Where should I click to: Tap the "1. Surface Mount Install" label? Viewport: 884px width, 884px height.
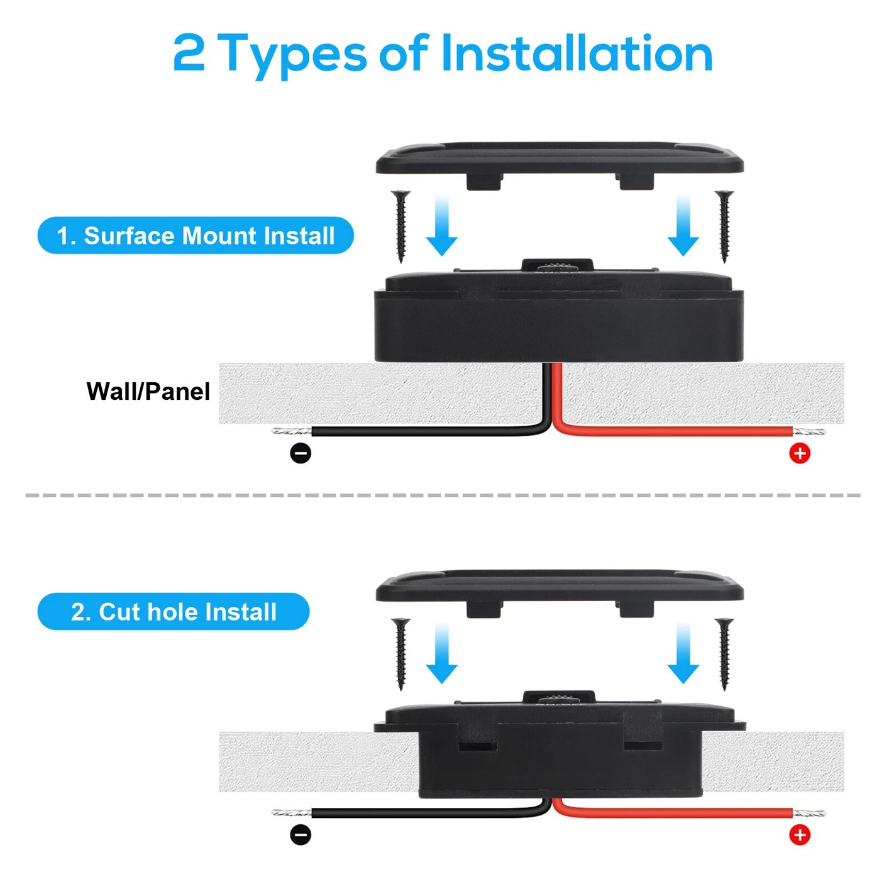[196, 235]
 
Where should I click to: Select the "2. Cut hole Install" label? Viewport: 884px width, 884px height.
[174, 612]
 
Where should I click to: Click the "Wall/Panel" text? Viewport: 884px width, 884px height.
[148, 391]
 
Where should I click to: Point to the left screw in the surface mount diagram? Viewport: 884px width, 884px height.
[401, 226]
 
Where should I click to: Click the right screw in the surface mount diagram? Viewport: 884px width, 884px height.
[724, 226]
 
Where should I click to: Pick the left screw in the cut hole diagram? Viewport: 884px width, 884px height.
[401, 654]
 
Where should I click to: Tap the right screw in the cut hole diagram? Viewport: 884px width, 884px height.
[724, 654]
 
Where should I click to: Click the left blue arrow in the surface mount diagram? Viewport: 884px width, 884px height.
[442, 226]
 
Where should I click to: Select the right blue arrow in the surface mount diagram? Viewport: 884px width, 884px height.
[683, 226]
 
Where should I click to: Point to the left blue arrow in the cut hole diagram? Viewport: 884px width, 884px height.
[442, 653]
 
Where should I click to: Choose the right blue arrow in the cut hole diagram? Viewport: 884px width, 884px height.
[683, 653]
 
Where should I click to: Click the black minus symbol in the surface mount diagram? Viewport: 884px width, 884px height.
[301, 453]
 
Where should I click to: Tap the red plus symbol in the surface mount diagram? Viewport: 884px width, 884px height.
[800, 453]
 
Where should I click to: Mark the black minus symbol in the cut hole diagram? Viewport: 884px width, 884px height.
[301, 835]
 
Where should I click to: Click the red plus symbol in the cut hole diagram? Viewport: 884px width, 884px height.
[800, 835]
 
